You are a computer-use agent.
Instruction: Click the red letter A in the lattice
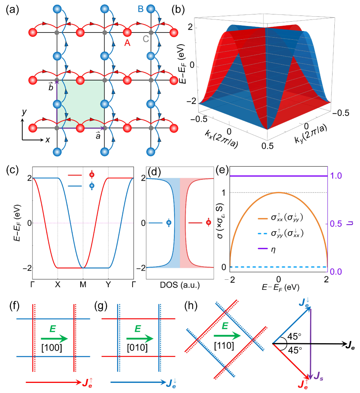(x=127, y=43)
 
